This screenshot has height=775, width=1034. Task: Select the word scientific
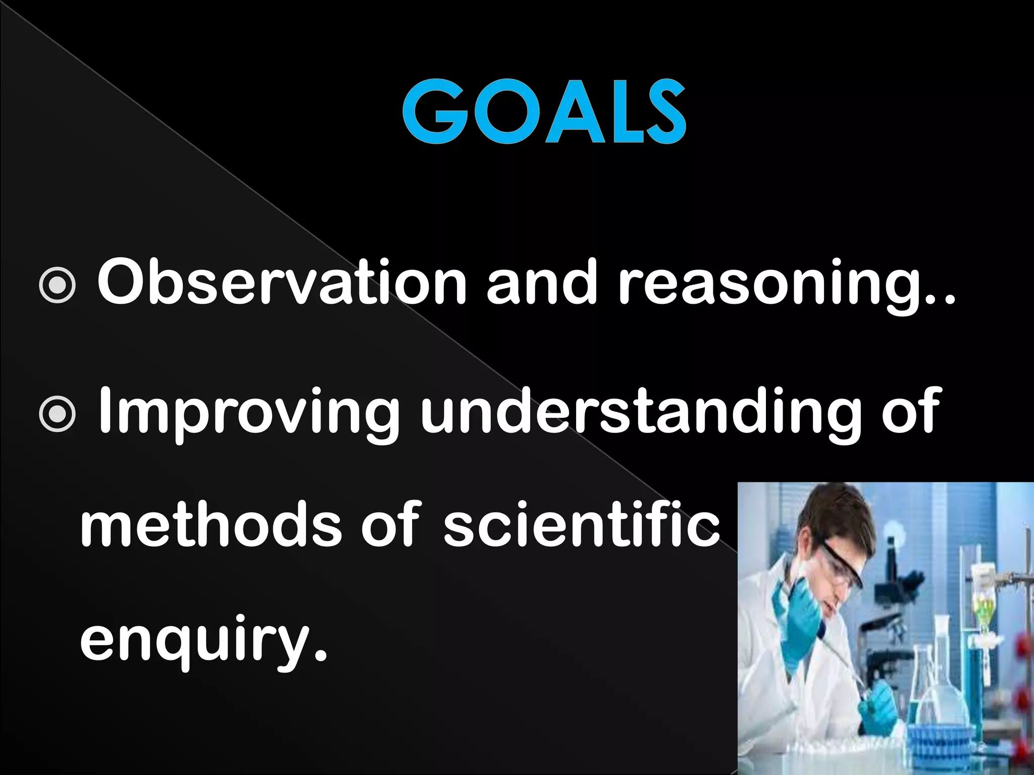pyautogui.click(x=581, y=527)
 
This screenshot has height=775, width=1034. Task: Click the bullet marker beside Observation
pyautogui.click(x=58, y=285)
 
